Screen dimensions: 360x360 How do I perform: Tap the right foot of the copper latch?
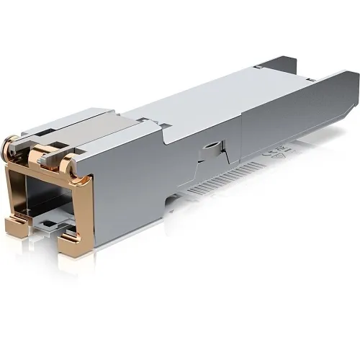click(72, 245)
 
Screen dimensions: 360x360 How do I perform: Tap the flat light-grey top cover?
click(216, 101)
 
